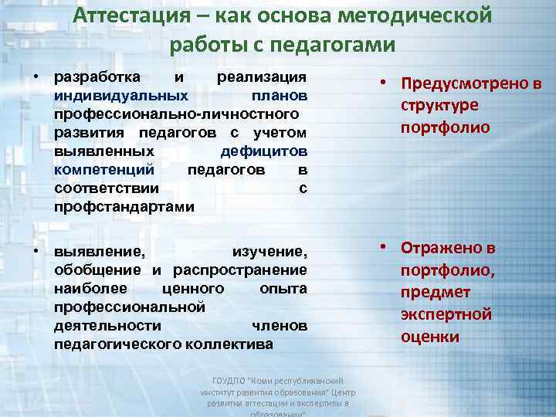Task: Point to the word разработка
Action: (x=97, y=77)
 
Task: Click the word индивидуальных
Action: (x=120, y=97)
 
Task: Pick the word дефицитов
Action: (x=263, y=151)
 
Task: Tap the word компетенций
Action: (x=104, y=170)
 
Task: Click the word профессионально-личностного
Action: (x=175, y=114)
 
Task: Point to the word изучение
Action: (x=270, y=251)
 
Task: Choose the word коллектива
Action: (x=229, y=344)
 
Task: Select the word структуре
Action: (x=439, y=105)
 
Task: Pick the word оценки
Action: (x=430, y=337)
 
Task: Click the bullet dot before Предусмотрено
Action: (x=383, y=85)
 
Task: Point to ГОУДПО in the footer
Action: (x=228, y=381)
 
